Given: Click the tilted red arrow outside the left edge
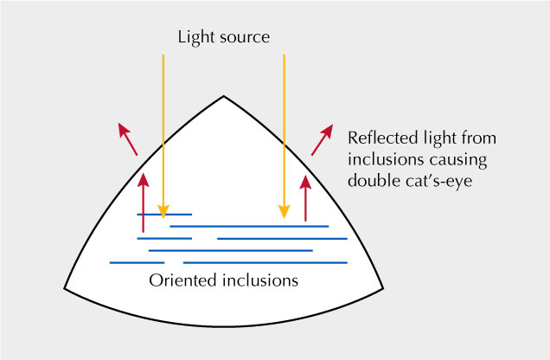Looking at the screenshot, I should [127, 138].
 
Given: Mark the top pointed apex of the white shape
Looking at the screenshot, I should [224, 95].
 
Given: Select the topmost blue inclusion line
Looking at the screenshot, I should [164, 214].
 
